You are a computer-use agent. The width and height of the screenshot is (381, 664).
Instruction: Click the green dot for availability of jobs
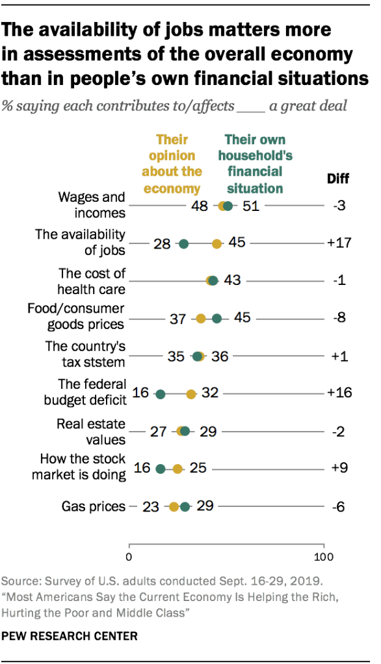[183, 244]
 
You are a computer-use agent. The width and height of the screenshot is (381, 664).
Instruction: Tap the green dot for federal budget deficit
[161, 394]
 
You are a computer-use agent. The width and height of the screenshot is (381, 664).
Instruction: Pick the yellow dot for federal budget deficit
[191, 394]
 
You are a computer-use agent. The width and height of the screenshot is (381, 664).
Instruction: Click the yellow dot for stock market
[177, 469]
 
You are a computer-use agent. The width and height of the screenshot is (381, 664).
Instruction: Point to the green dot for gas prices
[185, 507]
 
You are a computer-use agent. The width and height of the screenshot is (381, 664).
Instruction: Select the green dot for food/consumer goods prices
[217, 318]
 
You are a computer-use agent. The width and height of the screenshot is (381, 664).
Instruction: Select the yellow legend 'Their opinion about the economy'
[172, 164]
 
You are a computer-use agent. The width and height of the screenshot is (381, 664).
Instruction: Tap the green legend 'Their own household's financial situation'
[254, 164]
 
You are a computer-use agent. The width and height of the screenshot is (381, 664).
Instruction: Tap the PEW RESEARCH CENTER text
[70, 636]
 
